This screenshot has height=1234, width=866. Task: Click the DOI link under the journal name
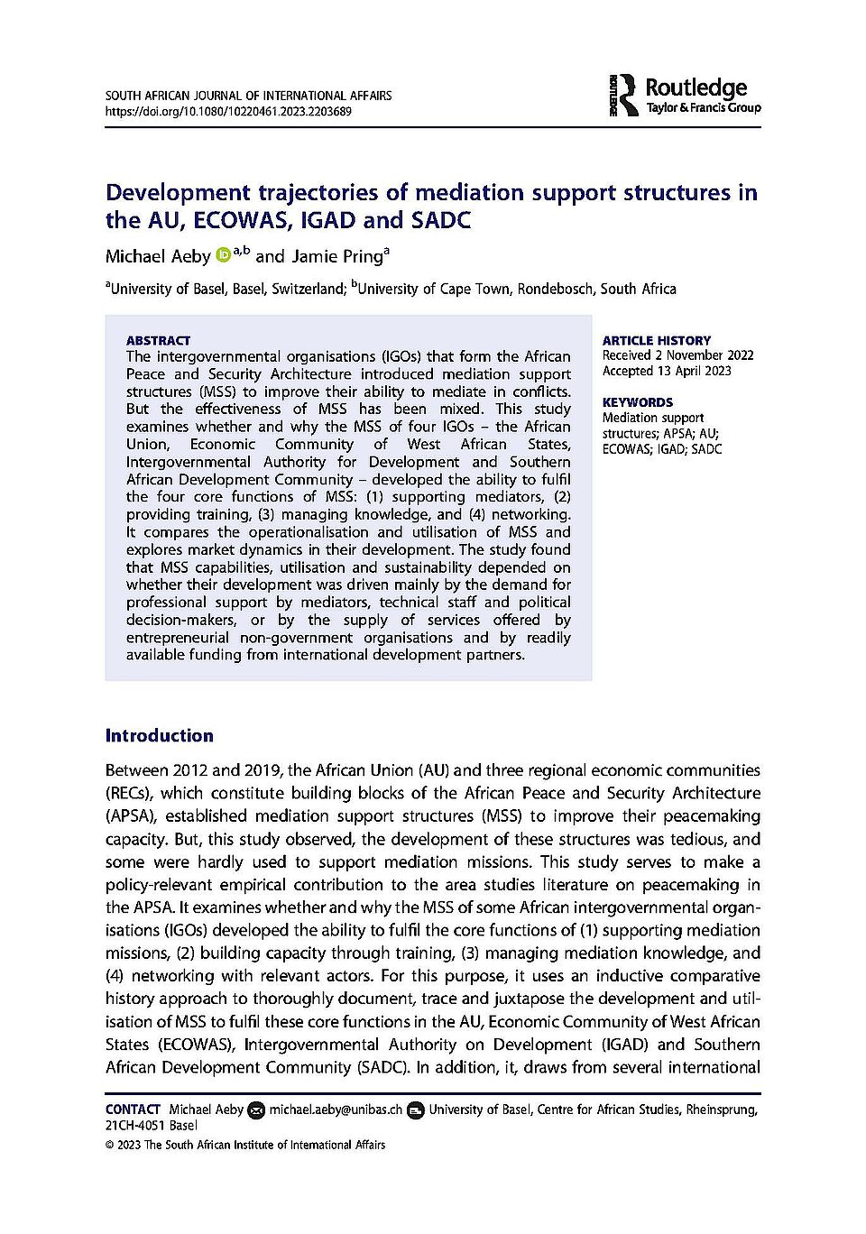pos(228,112)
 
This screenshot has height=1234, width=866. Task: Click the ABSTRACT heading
pos(158,340)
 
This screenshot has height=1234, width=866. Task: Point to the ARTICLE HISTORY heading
pos(657,340)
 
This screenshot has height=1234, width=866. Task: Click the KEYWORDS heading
pos(638,402)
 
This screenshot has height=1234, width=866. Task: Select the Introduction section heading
pos(160,735)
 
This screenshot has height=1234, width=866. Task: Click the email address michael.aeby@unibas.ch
pos(336,1110)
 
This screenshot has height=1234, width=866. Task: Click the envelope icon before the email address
pos(256,1110)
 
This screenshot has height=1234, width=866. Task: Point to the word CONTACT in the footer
pos(133,1110)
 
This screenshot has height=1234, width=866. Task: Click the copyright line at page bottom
pos(245,1145)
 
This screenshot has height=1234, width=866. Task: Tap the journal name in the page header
pos(249,96)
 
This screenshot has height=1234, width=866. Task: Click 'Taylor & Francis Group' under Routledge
pos(704,107)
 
